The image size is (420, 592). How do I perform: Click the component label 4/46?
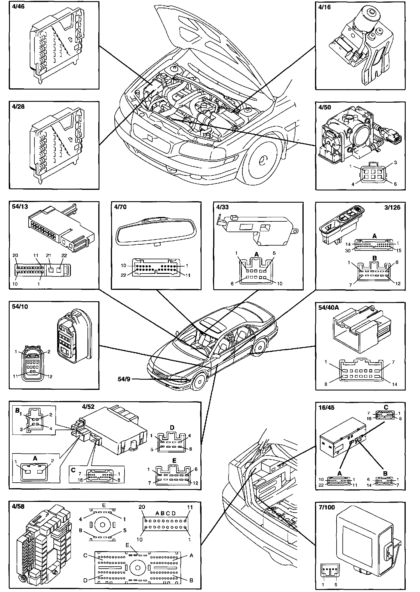[x=18, y=7]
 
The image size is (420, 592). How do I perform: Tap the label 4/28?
[x=18, y=107]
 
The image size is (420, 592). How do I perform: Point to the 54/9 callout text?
[x=124, y=379]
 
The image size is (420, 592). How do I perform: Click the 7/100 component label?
[x=327, y=507]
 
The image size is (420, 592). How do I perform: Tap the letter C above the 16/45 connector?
[x=386, y=407]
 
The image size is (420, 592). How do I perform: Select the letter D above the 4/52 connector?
[x=172, y=428]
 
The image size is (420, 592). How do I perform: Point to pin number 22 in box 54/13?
[x=64, y=255]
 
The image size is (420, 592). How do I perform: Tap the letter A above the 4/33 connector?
[x=257, y=255]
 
